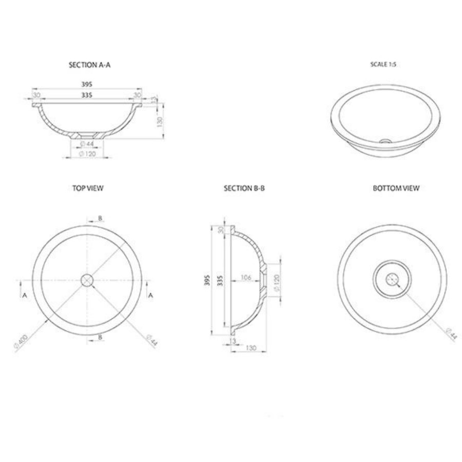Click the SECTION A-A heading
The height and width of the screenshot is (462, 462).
pos(89,65)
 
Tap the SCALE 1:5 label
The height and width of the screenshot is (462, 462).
pos(383,65)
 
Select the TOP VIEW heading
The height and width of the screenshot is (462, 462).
pos(88,188)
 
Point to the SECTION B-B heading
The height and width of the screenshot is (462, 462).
pos(244,188)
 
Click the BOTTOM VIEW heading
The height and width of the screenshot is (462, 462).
pos(396,188)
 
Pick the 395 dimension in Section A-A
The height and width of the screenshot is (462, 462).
pos(87,84)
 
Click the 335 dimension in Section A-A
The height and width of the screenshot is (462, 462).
pos(87,95)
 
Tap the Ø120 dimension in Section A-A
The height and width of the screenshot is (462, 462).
pos(88,154)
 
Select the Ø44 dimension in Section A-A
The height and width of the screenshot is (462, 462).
pos(87,144)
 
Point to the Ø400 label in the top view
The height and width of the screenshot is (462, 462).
pos(21,342)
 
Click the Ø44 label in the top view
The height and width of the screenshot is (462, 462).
pos(151,340)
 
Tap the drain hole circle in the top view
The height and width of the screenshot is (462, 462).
pos(87,280)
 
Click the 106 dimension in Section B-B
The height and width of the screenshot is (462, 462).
pos(245,278)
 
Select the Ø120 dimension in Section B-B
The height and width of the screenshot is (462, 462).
pos(276,282)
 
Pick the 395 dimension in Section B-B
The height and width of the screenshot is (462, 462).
pos(207,280)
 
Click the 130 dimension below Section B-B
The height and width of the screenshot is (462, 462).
pos(251,348)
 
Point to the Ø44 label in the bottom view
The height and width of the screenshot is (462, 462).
pos(451,334)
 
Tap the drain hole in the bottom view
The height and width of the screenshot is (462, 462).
pos(392,280)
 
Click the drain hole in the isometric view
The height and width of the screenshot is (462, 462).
pos(386,140)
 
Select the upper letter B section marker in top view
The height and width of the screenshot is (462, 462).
pos(100,218)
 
